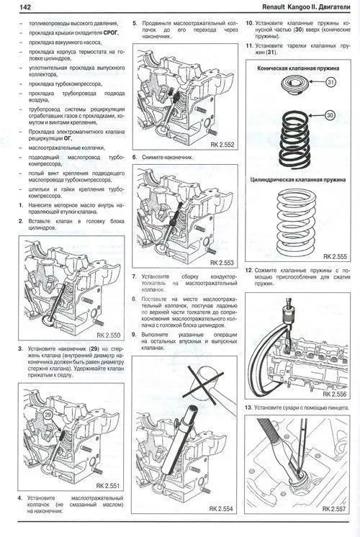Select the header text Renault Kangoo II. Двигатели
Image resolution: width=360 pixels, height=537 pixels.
302,7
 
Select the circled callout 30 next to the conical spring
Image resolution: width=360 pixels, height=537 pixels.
330,115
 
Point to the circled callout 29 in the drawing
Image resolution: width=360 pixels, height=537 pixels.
48,417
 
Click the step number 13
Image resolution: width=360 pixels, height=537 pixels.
248,407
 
